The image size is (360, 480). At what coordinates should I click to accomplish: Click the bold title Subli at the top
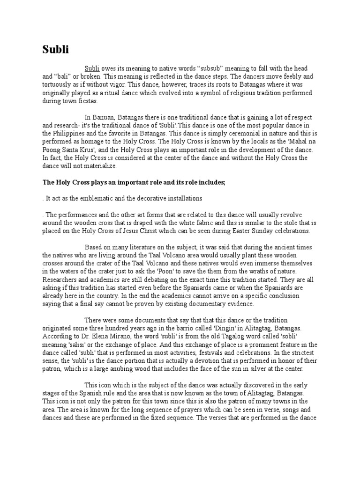point(55,49)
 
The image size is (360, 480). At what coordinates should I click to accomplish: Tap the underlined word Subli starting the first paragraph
point(92,68)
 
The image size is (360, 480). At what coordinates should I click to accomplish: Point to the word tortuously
point(58,84)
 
